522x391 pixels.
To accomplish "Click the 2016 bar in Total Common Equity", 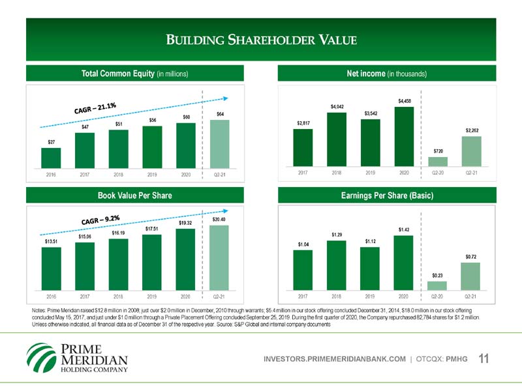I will click(50, 158).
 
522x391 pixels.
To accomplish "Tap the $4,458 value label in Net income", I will click(405, 100).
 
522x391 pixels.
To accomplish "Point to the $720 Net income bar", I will click(438, 162).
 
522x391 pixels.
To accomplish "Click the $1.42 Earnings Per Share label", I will click(405, 229).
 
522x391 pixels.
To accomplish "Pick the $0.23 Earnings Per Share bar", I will click(438, 285).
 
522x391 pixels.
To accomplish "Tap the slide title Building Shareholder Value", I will click(261, 40).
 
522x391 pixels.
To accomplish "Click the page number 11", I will click(484, 358).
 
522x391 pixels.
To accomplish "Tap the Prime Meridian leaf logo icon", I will click(41, 357).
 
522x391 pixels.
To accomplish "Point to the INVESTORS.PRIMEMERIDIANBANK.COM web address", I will click(333, 358).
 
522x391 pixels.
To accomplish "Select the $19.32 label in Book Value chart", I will click(185, 224).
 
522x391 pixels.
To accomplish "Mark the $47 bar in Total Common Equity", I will click(85, 151).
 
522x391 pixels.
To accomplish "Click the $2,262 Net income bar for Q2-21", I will click(471, 151).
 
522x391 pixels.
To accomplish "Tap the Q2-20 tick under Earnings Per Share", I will click(438, 296).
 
